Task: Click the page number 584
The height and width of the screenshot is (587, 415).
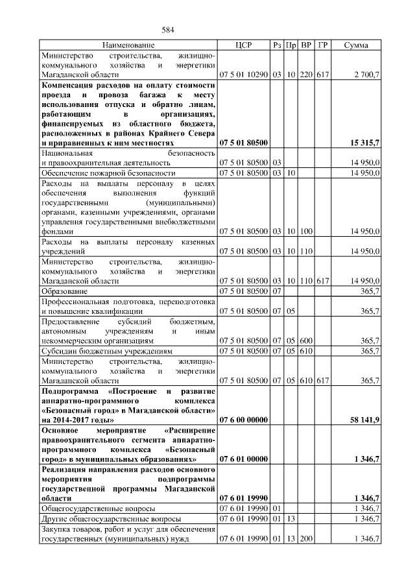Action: click(x=169, y=30)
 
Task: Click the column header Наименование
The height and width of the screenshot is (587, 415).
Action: click(x=128, y=45)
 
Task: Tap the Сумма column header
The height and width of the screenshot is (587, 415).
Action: click(x=356, y=45)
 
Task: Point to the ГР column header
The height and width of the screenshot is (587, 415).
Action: click(x=323, y=45)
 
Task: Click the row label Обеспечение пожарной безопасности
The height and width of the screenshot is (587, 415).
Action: click(x=108, y=174)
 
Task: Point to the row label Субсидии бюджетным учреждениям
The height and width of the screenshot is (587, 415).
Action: click(x=107, y=351)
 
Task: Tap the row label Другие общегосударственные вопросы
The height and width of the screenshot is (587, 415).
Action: click(x=110, y=520)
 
